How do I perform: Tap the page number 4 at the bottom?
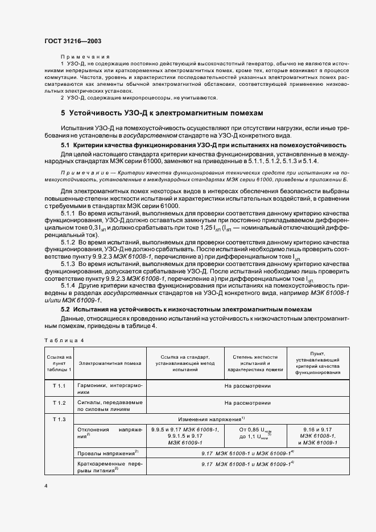(x=46, y=487)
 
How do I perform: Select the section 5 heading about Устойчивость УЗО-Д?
(x=162, y=113)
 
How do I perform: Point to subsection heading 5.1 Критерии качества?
(x=203, y=146)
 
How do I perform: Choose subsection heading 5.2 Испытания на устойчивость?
(x=191, y=309)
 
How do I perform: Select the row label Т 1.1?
(x=59, y=386)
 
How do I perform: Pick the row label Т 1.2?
(x=59, y=402)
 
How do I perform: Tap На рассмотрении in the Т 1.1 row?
(x=247, y=386)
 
